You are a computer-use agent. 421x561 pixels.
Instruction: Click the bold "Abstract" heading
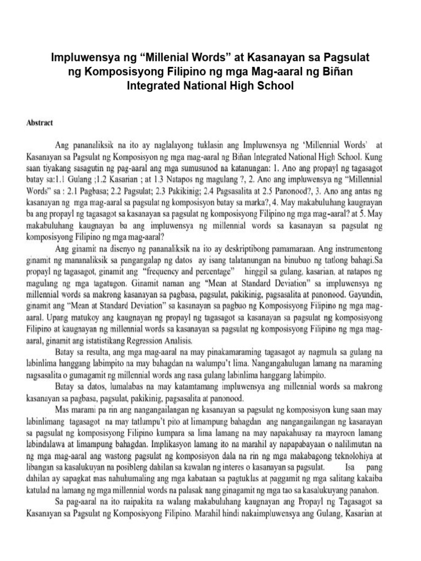pyautogui.click(x=39, y=123)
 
